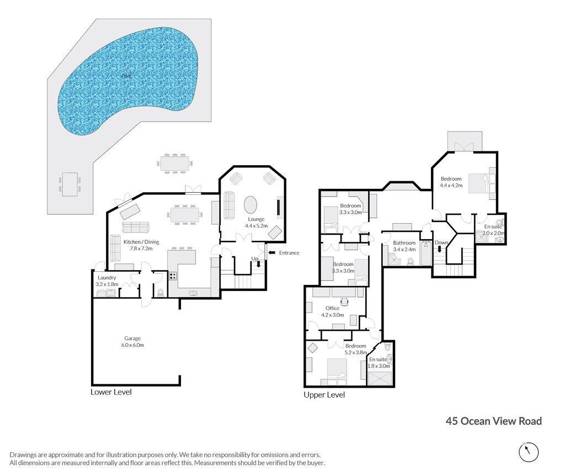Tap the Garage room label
tap(132, 339)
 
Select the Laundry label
tap(106, 278)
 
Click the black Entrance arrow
tap(272, 252)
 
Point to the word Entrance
tap(289, 253)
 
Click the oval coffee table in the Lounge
tap(251, 205)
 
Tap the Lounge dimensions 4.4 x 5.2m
tap(256, 226)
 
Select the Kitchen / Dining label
tap(141, 242)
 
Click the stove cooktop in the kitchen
tap(173, 276)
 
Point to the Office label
tap(332, 308)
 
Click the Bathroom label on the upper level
tap(404, 242)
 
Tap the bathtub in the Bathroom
tap(426, 253)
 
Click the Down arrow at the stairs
tap(439, 249)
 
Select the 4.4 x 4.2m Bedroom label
tap(451, 182)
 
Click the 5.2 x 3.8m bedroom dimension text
tap(356, 352)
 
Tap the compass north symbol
tap(529, 452)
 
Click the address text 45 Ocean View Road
tap(494, 421)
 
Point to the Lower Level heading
tap(111, 392)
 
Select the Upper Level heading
tap(324, 395)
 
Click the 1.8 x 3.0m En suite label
tap(379, 362)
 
